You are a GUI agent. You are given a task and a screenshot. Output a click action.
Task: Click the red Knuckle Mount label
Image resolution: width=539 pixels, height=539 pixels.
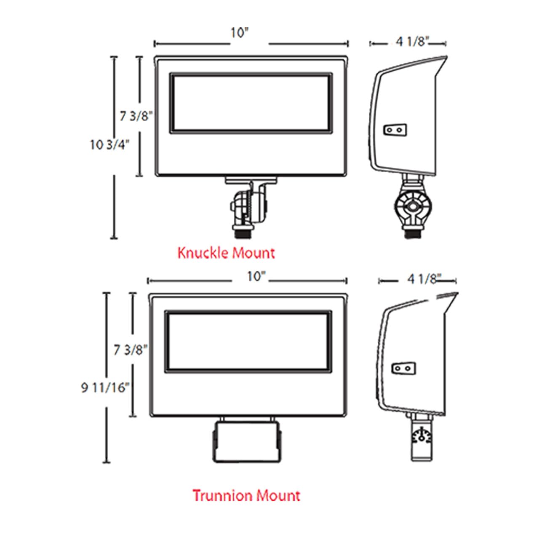226,253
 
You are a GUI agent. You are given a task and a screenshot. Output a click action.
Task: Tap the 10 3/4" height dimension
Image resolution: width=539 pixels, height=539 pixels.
109,145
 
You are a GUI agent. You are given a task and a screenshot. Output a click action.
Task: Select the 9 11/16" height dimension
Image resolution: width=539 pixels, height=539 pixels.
105,388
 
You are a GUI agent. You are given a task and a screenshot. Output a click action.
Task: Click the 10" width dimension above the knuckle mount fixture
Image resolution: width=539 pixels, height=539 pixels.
240,33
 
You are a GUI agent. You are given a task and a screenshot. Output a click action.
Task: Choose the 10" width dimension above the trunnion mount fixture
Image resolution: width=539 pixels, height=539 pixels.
256,277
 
